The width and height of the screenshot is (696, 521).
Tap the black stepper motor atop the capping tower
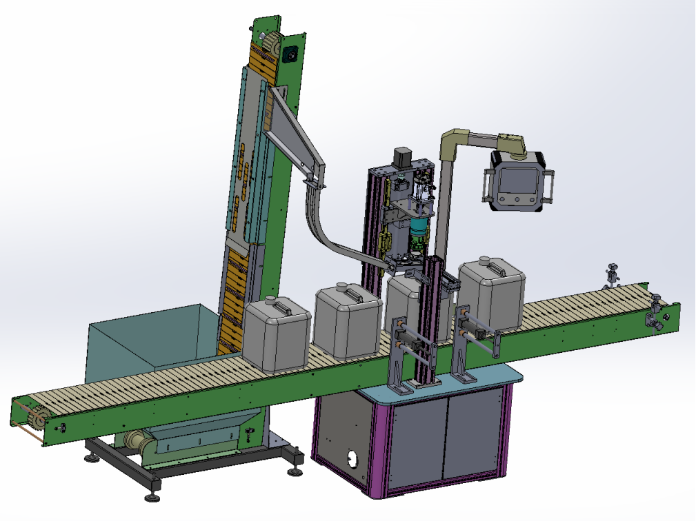tap(401, 157)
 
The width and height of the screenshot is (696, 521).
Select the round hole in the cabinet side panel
tap(355, 459)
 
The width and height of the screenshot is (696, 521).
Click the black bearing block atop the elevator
tap(290, 53)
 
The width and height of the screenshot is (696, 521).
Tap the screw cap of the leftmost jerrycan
tap(270, 300)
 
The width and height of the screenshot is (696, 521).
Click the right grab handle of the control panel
tap(550, 185)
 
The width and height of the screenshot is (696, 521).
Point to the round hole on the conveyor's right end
tap(666, 319)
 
